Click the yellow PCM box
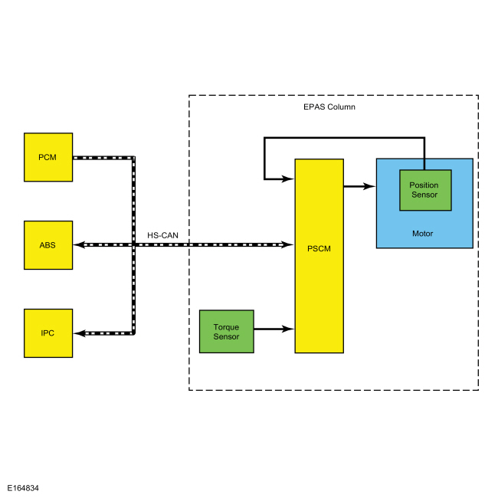(48, 157)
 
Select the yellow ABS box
(48, 245)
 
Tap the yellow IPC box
(48, 333)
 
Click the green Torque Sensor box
(227, 332)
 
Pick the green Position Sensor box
(425, 190)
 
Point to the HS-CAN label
(162, 235)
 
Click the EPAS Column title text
(329, 107)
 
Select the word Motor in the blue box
(422, 234)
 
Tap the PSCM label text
(319, 249)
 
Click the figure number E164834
(23, 488)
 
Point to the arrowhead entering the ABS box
(80, 245)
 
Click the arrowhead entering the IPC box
(80, 333)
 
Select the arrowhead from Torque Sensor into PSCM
(288, 329)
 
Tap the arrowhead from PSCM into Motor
(369, 186)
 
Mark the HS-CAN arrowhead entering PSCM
(288, 244)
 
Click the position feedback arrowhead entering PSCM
(288, 179)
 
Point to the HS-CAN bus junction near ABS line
(134, 245)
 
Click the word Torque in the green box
(226, 327)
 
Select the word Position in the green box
(424, 185)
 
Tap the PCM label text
(48, 157)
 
